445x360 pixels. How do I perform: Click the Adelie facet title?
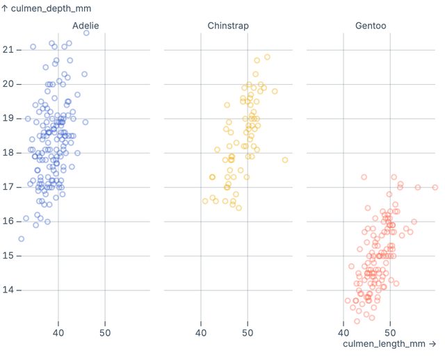[86, 26]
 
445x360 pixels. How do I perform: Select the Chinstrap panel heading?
[228, 26]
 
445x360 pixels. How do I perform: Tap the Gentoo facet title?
[371, 26]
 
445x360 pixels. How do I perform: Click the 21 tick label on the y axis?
[8, 49]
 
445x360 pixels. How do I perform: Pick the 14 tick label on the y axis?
[8, 290]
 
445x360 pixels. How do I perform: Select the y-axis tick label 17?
[8, 187]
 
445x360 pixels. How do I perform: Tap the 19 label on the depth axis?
[8, 118]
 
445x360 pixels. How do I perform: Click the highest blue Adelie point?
[86, 33]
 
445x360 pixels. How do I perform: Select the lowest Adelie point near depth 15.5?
[21, 238]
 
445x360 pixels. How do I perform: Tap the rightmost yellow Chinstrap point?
[285, 160]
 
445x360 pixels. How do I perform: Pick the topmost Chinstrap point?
[267, 57]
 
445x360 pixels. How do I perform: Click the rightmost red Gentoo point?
[435, 187]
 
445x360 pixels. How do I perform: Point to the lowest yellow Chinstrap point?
[238, 208]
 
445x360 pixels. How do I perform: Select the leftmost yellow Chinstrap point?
[205, 201]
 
